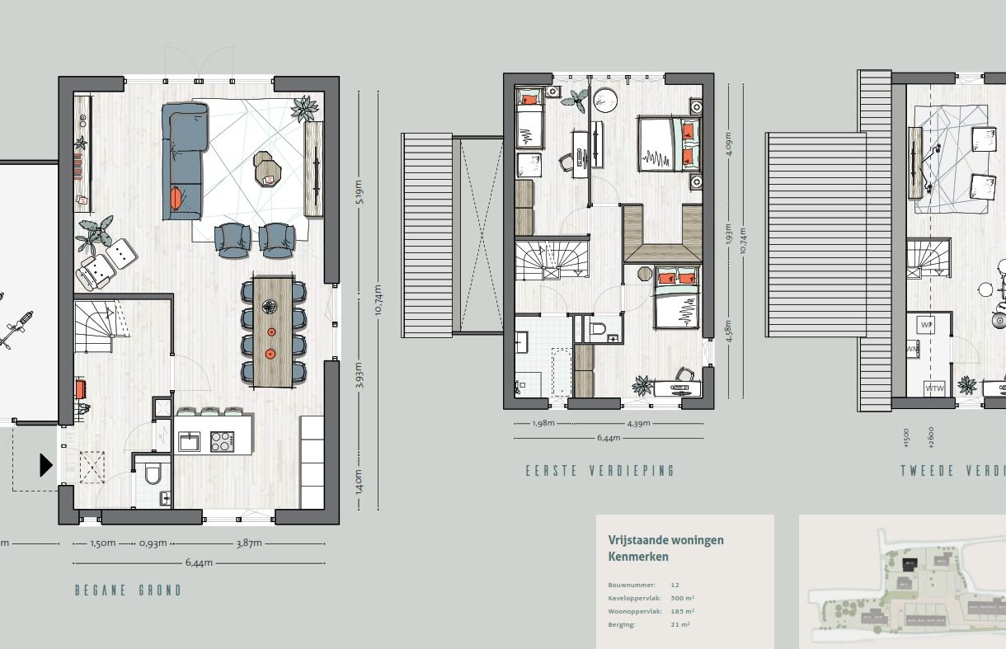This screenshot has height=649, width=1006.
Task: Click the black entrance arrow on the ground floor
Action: (x=46, y=466)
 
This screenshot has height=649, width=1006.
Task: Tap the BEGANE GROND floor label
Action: (x=128, y=590)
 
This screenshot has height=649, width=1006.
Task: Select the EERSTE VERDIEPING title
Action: (x=600, y=471)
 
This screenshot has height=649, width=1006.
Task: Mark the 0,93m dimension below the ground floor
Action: (x=153, y=543)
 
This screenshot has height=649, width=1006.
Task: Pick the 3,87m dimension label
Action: (x=248, y=543)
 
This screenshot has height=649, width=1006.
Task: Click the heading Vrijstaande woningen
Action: (x=665, y=540)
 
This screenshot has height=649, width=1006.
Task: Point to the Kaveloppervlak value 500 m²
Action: (x=683, y=598)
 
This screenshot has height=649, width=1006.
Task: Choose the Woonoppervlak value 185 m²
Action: (x=683, y=611)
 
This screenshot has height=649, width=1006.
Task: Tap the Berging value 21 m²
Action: (x=680, y=624)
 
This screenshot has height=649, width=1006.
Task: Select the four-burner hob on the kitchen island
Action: (x=222, y=442)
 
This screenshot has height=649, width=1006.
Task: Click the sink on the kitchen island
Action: (x=189, y=442)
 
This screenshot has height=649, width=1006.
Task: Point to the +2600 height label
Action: (x=930, y=437)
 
